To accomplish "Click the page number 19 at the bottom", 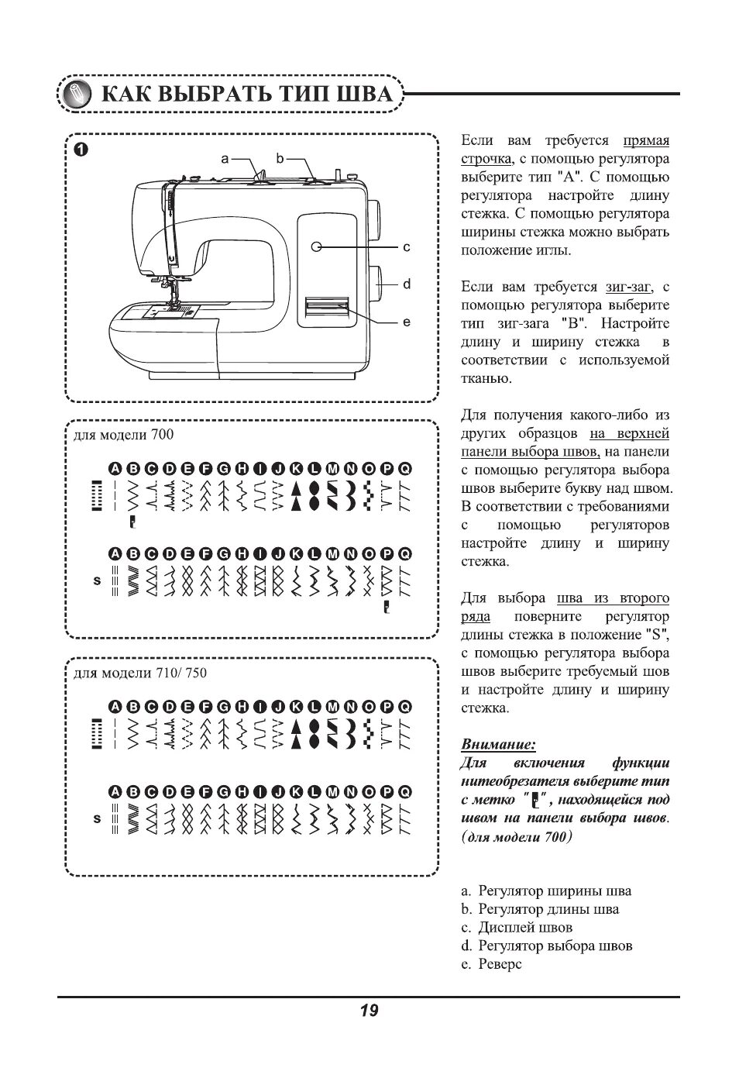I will coord(369,1011).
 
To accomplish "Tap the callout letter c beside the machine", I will coord(407,247).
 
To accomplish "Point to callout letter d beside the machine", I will coord(407,284).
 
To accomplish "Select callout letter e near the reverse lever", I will coord(407,322).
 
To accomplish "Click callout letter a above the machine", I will coord(225,158).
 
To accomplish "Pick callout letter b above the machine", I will coord(280,158).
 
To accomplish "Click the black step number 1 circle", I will coord(81,149).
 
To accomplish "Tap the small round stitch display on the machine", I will coord(317,246).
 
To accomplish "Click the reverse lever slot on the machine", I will coord(326,308).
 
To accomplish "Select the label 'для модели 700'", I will coord(124,435).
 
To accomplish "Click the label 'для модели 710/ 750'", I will coord(140,673).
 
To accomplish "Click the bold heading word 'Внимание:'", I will coord(498,745).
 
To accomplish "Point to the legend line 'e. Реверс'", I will coord(491,964).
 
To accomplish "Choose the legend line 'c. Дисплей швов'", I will coord(517,928).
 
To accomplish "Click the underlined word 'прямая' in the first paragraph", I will coord(646,141).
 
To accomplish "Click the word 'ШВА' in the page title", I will coord(364,95).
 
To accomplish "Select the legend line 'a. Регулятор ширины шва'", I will coord(545,891).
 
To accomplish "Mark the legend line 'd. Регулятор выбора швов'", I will coord(546,946).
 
